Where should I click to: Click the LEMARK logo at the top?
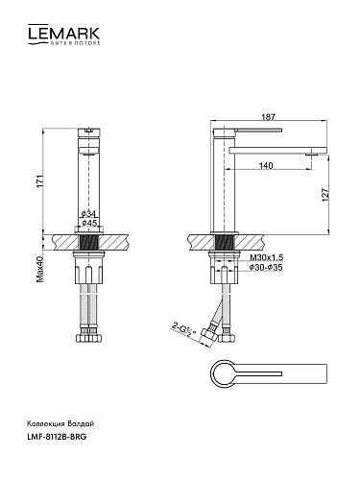tap(64, 35)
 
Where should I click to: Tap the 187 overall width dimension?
tap(268, 117)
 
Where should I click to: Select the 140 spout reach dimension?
tap(266, 165)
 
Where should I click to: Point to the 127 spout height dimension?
tap(325, 195)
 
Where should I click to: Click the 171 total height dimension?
tap(39, 181)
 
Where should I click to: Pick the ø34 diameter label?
tap(88, 214)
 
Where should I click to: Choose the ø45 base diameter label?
tap(89, 223)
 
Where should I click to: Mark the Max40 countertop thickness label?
tap(39, 269)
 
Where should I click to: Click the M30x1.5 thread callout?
tap(266, 257)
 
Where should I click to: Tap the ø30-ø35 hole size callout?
tap(266, 267)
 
